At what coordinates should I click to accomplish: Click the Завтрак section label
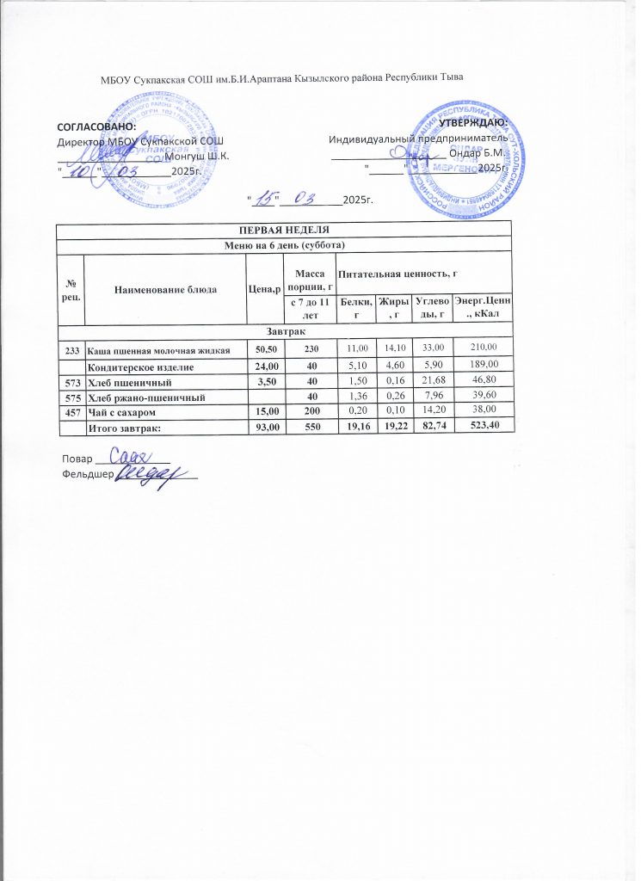pos(284,330)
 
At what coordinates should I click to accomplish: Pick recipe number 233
pos(71,348)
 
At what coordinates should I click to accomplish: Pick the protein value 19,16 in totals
pos(353,429)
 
